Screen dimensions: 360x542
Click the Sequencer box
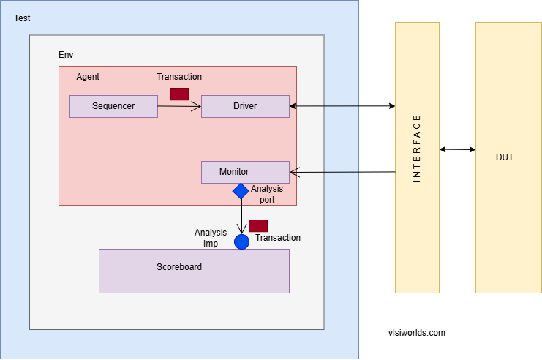coord(113,106)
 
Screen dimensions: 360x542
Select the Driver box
coord(245,106)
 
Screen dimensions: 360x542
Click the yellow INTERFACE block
coord(417,157)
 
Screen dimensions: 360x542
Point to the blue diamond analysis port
coord(241,191)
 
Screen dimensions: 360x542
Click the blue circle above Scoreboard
coord(241,241)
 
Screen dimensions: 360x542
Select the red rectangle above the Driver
coord(179,94)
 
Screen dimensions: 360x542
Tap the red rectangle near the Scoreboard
coord(258,225)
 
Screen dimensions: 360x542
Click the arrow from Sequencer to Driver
coord(179,107)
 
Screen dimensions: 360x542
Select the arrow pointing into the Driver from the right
coord(325,106)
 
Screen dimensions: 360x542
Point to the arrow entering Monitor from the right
coord(325,173)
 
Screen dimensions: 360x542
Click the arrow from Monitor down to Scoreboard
coord(241,216)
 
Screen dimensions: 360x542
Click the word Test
coord(22,18)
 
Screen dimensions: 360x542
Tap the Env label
coord(66,55)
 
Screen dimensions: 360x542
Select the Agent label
coord(88,77)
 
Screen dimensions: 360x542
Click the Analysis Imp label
coord(211,238)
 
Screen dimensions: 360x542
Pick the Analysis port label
coord(266,194)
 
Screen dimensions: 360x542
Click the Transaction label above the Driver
coord(179,77)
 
